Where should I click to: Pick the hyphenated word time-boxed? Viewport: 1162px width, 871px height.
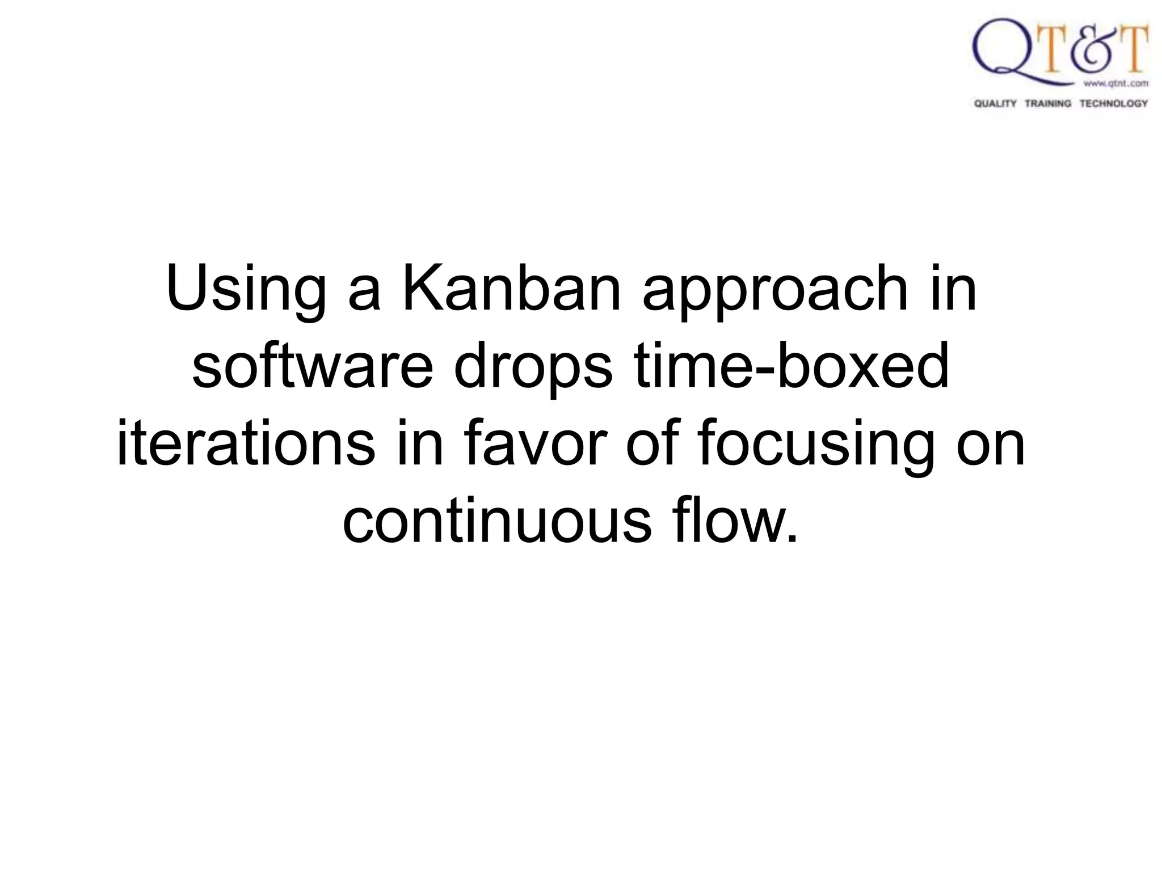791,367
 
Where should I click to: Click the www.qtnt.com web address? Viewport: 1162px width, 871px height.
1115,83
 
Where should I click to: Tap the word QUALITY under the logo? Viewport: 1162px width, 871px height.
995,103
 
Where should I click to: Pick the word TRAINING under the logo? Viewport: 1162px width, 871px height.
1048,103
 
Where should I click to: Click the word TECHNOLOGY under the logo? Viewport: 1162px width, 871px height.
1113,103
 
